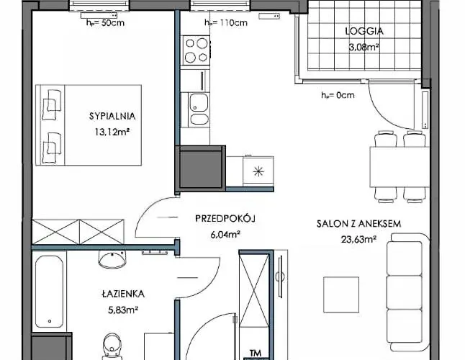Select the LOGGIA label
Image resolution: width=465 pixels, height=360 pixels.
364,31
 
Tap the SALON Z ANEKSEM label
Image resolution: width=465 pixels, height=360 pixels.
358,224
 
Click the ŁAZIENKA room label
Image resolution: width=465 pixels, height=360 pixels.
123,294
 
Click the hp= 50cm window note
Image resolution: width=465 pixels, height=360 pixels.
104,22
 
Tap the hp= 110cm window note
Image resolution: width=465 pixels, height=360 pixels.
225,22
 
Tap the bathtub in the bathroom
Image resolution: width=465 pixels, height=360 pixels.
50,292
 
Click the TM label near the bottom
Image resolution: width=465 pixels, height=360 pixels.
256,353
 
